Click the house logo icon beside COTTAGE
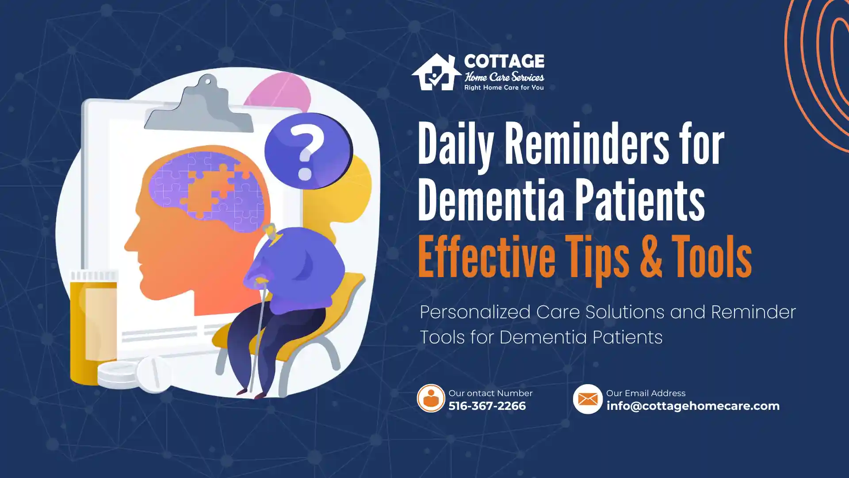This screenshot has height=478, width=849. pos(436,73)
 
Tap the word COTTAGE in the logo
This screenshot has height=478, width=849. pos(504,62)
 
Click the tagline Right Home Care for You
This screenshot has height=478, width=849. pos(504,88)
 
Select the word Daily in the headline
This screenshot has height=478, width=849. pos(455,144)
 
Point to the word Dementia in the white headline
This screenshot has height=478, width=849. pos(490,200)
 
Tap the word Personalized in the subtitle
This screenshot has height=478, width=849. pos(475,312)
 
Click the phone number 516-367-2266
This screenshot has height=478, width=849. pos(487,406)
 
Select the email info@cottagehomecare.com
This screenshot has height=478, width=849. pos(692,406)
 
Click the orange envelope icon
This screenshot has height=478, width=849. pos(588,399)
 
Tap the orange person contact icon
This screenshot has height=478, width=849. pos(431,398)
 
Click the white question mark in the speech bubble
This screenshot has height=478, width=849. pos(306,151)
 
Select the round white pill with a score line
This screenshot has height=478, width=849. pos(153,374)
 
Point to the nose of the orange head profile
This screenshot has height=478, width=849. pos(128,244)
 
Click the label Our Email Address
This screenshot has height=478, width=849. pos(646,393)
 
